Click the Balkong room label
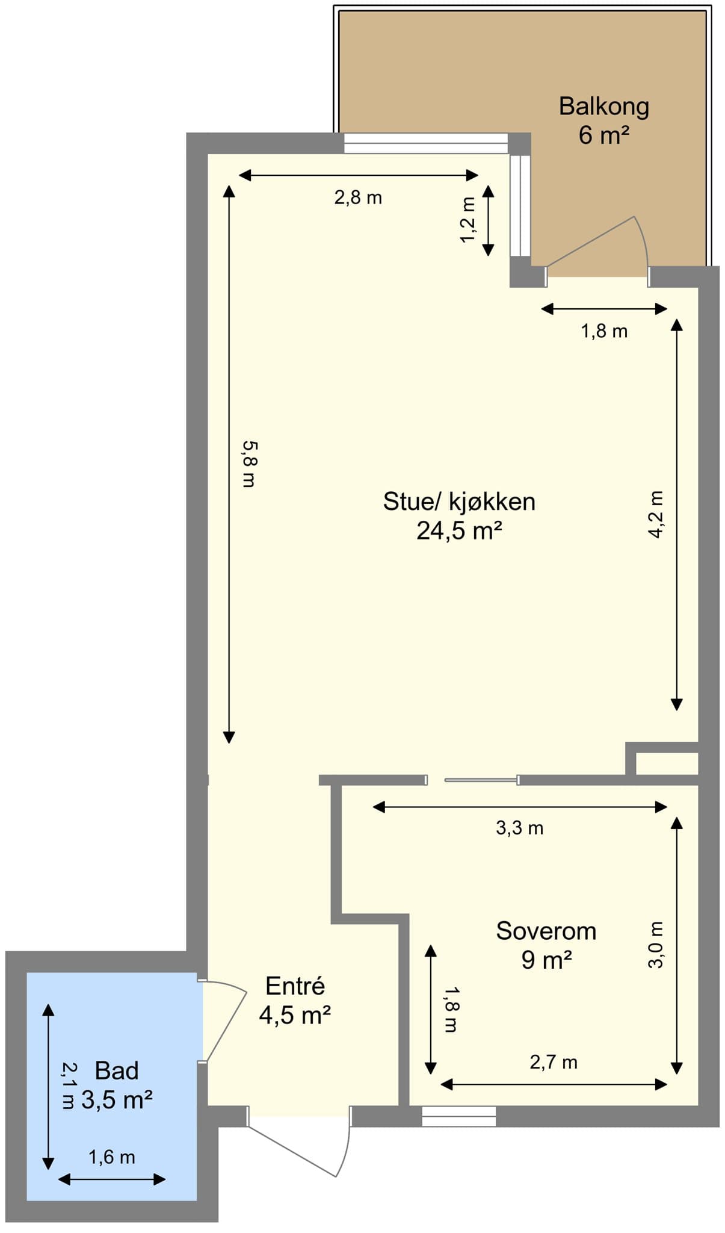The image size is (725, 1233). point(604,107)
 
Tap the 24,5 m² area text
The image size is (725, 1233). point(459,531)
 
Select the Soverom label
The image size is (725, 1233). point(546,931)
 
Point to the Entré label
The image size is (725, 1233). point(295,986)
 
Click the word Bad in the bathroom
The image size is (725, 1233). point(117,1070)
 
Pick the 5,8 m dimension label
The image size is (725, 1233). point(249,464)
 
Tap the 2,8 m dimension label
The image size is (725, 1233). point(358,197)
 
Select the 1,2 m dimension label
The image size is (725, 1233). point(467,220)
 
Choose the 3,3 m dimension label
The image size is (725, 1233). point(519,828)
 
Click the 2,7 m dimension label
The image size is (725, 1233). point(554,1062)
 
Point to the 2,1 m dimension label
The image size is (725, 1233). point(69,1085)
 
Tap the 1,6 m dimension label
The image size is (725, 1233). point(112,1157)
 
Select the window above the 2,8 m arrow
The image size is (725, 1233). point(426,143)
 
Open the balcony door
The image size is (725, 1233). point(591,241)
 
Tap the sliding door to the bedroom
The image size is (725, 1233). point(480,780)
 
